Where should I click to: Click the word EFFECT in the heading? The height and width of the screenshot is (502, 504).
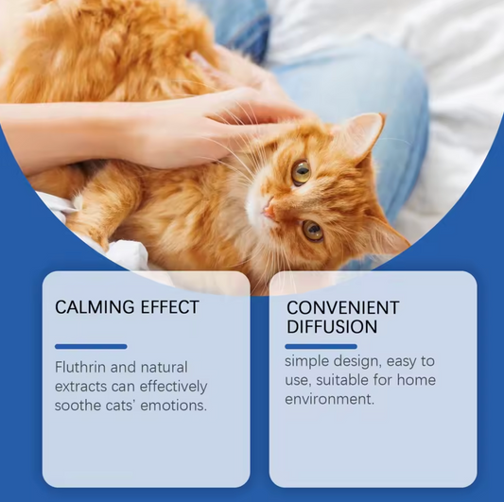168,307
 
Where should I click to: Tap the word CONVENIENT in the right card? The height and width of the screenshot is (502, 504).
342,308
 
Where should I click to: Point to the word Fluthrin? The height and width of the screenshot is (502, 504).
81,367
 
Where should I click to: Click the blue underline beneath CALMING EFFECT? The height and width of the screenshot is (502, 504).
91,346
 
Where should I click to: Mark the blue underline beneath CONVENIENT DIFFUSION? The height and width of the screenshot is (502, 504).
321,346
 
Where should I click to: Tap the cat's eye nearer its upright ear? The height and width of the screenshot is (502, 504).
301,172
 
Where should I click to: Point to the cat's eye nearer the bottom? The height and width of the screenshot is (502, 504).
311,231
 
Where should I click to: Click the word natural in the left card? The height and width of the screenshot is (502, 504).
164,367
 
